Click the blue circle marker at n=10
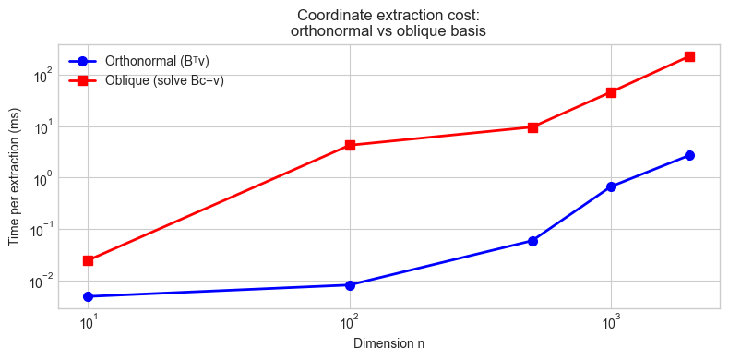(88, 296)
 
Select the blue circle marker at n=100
(350, 285)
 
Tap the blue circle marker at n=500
(532, 241)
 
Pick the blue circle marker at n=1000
(611, 186)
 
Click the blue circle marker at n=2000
(689, 155)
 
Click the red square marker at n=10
(88, 260)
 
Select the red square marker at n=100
(350, 145)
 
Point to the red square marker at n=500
(532, 127)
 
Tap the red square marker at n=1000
(611, 92)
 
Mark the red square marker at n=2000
(689, 56)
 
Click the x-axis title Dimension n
(388, 343)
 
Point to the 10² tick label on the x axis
(349, 324)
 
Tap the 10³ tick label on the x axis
(611, 324)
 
